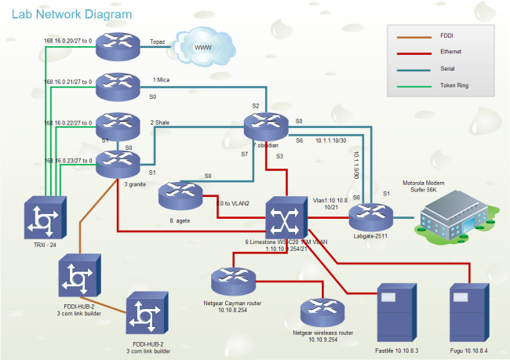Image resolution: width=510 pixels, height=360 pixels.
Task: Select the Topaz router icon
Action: click(118, 45)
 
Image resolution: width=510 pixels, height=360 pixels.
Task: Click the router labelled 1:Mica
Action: click(118, 87)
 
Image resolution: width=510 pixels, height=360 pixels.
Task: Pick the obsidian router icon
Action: click(266, 125)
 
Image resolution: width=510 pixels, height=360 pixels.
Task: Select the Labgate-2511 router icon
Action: click(365, 215)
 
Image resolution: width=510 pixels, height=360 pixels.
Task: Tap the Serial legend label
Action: click(449, 68)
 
